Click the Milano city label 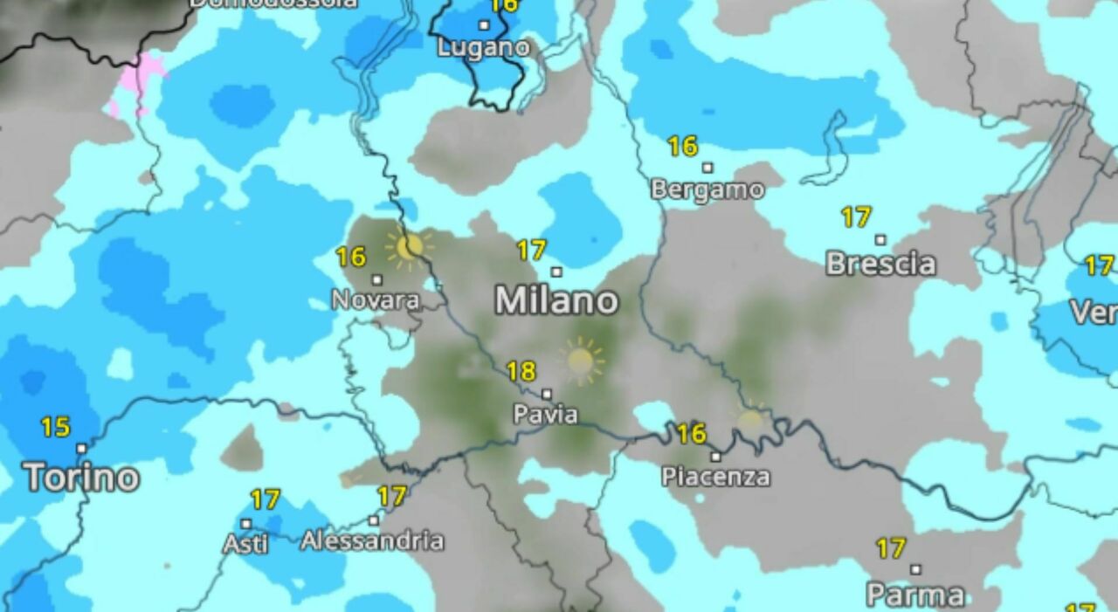point(556,301)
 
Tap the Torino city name point(81,478)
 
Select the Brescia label point(880,264)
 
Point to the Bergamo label point(707,189)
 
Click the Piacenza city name point(715,477)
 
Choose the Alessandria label point(372,541)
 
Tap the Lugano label point(483,47)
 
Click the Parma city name point(915,595)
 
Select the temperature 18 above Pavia point(521,372)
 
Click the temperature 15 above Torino point(55,428)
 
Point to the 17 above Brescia point(856,217)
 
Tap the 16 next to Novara point(350,258)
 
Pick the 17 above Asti point(265,500)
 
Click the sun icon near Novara point(408,248)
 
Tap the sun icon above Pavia point(581,360)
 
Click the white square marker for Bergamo point(707,168)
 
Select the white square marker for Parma point(915,570)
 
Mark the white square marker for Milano point(556,272)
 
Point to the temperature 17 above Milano point(531,251)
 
